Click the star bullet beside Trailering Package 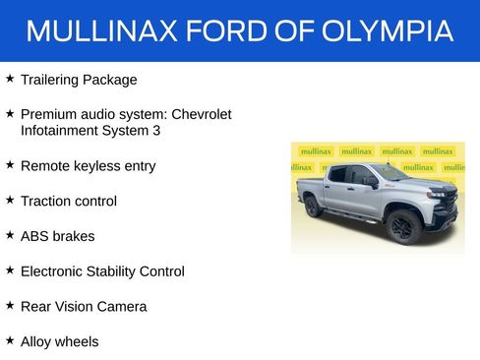[10, 78]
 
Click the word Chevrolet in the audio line [199, 114]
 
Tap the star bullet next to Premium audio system [10, 113]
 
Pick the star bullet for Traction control [10, 200]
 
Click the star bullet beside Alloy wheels [10, 340]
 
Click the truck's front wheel [402, 226]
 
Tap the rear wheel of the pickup [314, 207]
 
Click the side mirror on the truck [371, 182]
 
